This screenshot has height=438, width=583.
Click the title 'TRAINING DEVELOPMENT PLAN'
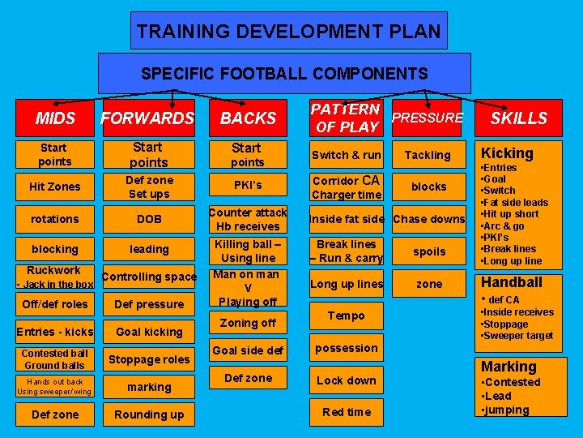click(x=289, y=32)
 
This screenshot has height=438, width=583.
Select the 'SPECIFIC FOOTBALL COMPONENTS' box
click(x=284, y=74)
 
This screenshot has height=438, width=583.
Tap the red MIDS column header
click(x=55, y=118)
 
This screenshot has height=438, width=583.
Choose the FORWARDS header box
click(x=147, y=118)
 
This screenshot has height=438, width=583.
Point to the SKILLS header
click(x=519, y=118)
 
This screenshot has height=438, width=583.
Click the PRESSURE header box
click(x=427, y=118)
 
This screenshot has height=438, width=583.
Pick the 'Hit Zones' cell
click(x=55, y=187)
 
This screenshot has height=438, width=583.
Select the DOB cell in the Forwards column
click(x=150, y=219)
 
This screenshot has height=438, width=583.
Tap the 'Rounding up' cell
click(x=149, y=414)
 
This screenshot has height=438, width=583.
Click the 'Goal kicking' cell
click(x=149, y=332)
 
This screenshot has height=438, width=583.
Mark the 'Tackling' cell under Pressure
click(x=428, y=155)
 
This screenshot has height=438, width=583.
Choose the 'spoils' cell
click(x=429, y=251)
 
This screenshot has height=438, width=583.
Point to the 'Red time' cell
click(x=347, y=412)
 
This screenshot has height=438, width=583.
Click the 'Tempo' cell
click(x=347, y=316)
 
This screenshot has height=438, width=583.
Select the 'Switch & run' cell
click(x=347, y=155)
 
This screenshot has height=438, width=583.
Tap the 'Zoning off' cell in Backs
click(x=248, y=323)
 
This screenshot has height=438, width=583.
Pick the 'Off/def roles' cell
click(x=55, y=304)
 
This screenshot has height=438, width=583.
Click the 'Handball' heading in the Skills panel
click(x=512, y=282)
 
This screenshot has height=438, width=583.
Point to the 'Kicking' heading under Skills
click(x=508, y=153)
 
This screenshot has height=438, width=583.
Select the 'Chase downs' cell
click(x=429, y=219)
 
